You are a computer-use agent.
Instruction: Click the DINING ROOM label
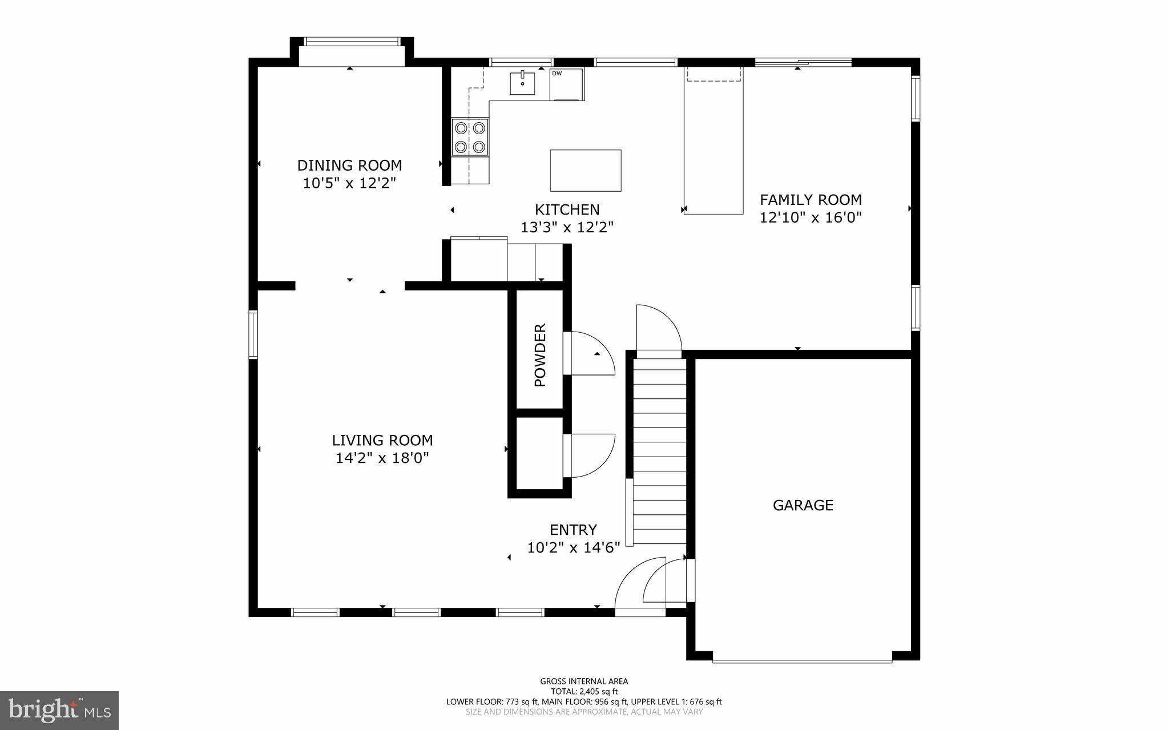[349, 166]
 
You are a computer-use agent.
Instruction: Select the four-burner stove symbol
[470, 137]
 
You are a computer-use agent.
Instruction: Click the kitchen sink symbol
[522, 83]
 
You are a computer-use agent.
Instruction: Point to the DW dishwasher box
[567, 84]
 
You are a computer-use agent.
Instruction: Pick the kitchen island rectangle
[586, 170]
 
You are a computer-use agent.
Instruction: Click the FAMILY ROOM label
[811, 200]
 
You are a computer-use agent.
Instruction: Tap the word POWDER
[540, 354]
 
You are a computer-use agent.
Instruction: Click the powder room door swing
[591, 354]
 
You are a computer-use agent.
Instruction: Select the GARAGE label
[803, 505]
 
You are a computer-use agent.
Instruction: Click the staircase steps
[660, 451]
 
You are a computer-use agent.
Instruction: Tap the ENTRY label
[573, 530]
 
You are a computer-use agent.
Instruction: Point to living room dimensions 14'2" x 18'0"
[382, 458]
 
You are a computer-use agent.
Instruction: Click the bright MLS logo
[59, 710]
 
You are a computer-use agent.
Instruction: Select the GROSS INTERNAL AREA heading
[584, 681]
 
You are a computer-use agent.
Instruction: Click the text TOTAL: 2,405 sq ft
[584, 691]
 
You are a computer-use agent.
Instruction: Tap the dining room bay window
[352, 42]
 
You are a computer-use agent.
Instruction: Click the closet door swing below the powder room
[591, 455]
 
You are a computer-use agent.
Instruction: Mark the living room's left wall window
[253, 334]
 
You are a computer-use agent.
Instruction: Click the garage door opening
[802, 661]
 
